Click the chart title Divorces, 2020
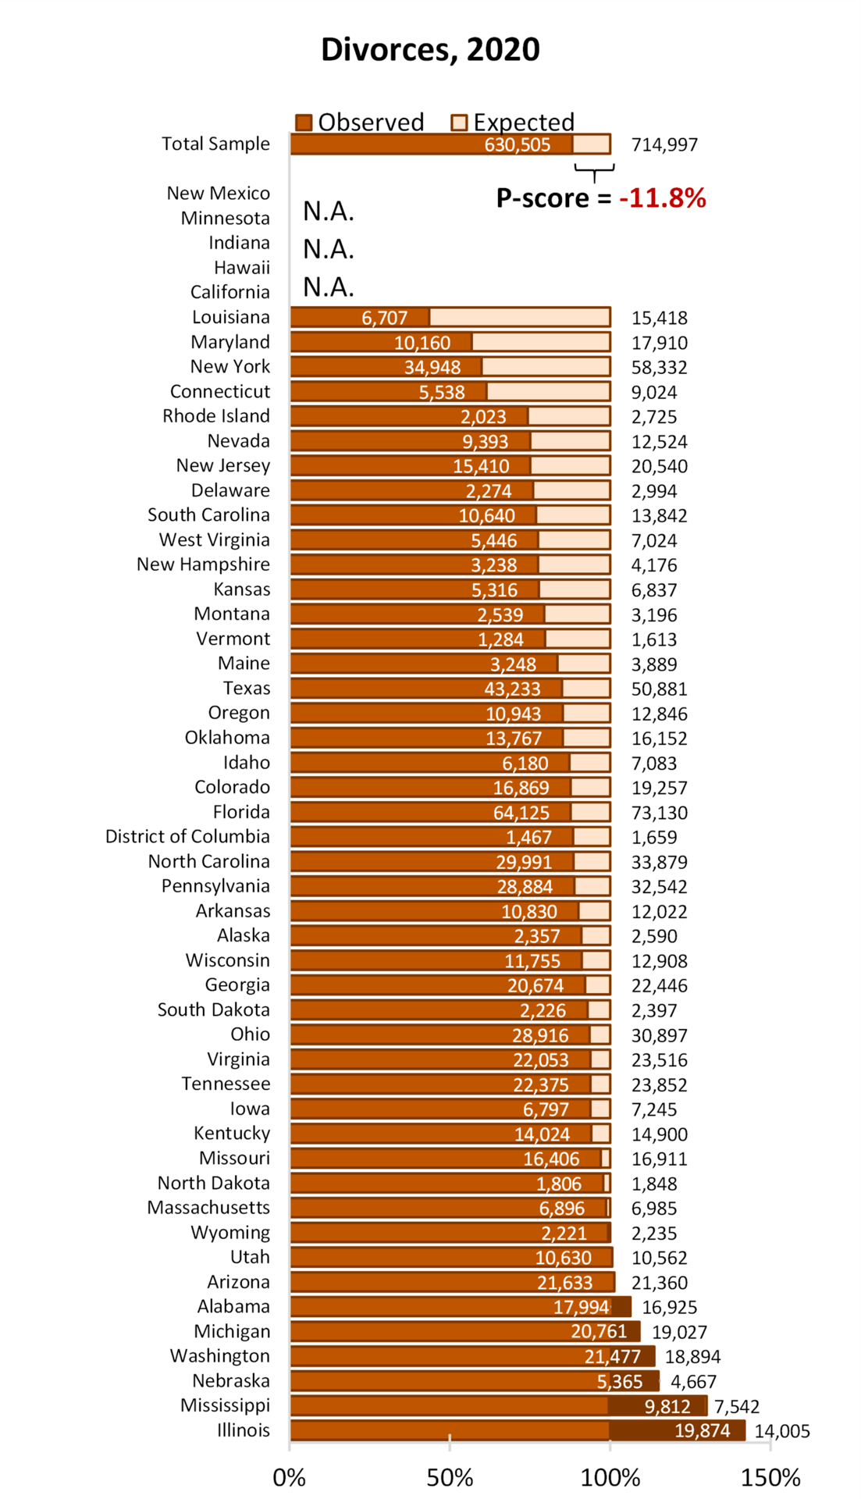point(430,49)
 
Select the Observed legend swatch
point(304,123)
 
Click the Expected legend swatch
point(459,123)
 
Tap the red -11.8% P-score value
point(662,198)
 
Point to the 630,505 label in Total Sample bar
point(517,144)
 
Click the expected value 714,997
point(664,144)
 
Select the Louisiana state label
point(230,317)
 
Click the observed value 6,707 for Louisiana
point(384,318)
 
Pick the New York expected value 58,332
point(659,367)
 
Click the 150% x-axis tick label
point(770,1478)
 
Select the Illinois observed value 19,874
point(702,1430)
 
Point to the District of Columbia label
point(187,836)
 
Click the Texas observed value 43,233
point(512,689)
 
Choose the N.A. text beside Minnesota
point(329,212)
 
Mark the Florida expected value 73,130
point(659,813)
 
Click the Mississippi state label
point(225,1405)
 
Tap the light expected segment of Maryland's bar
point(540,342)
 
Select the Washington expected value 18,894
point(692,1357)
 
